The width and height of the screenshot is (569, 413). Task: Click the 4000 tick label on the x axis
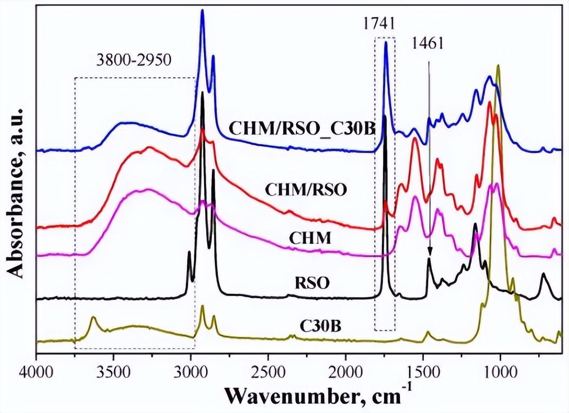pyautogui.click(x=36, y=370)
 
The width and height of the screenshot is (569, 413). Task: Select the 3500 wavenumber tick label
pyautogui.click(x=113, y=370)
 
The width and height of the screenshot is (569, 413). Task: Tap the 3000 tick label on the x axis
pyautogui.click(x=191, y=370)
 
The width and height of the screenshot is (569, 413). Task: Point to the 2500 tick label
pyautogui.click(x=268, y=370)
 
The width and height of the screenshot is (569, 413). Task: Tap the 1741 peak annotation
pyautogui.click(x=384, y=24)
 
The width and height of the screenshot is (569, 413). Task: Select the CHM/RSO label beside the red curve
pyautogui.click(x=306, y=190)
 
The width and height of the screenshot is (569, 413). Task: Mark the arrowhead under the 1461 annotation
pyautogui.click(x=429, y=252)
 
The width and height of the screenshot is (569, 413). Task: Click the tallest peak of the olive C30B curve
pyautogui.click(x=498, y=65)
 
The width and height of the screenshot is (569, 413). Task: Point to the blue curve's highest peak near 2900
pyautogui.click(x=202, y=10)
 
